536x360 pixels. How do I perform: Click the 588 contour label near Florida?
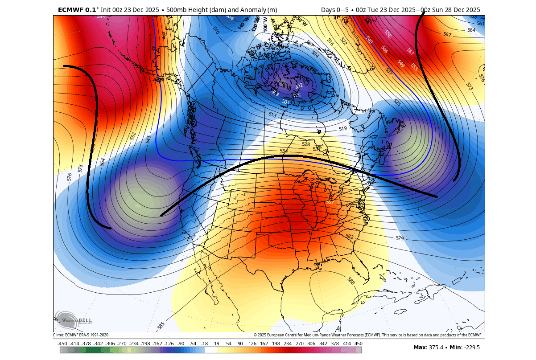click(351, 281)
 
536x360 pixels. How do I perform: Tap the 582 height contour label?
click(350, 236)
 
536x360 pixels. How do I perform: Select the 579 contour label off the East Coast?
click(400, 238)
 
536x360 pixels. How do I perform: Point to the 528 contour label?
click(306, 144)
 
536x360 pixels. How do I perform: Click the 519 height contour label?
click(342, 129)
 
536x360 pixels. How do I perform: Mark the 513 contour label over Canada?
click(272, 115)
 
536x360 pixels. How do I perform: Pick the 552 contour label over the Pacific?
click(133, 136)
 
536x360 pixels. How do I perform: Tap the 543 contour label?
click(148, 139)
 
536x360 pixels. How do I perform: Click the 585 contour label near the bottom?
click(161, 325)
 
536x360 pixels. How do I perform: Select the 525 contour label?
click(397, 102)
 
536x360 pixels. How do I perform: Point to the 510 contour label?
click(216, 30)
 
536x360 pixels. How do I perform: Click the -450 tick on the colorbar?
click(62, 344)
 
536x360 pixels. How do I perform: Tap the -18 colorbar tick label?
click(205, 344)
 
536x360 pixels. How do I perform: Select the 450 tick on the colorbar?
click(358, 344)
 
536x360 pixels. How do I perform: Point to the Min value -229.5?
click(472, 348)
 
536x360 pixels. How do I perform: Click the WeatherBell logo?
click(73, 320)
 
